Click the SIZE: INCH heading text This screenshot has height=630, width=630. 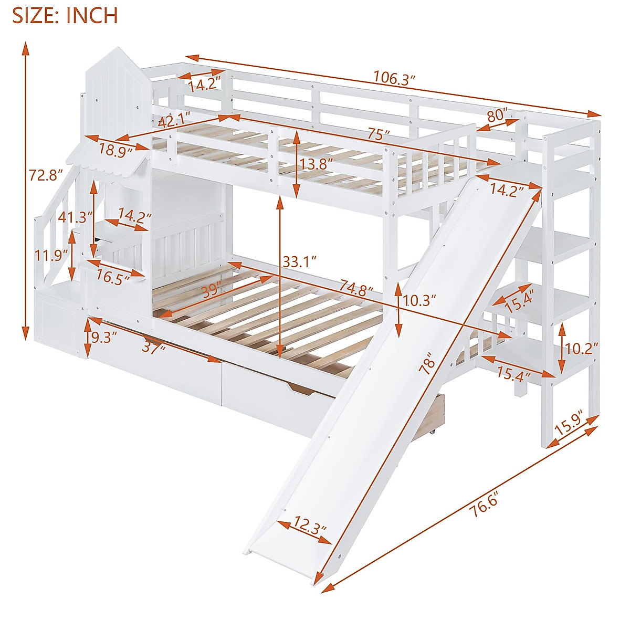pyautogui.click(x=65, y=16)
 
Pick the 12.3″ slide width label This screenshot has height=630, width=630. pyautogui.click(x=310, y=524)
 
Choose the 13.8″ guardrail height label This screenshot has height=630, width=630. pyautogui.click(x=317, y=164)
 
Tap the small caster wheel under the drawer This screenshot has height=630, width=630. pyautogui.click(x=433, y=432)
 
